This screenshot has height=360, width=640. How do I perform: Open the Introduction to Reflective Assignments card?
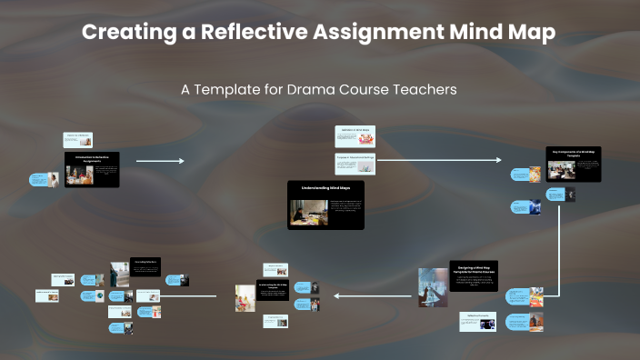click(x=92, y=170)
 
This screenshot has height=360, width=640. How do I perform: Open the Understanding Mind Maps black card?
click(x=325, y=205)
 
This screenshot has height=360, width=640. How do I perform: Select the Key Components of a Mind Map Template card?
click(x=574, y=165)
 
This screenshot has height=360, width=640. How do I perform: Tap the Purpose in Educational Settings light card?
click(x=355, y=165)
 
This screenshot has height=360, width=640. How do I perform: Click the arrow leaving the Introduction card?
click(x=159, y=161)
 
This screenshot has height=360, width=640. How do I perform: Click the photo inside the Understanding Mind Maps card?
click(x=303, y=213)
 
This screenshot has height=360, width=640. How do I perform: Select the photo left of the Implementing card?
click(x=245, y=296)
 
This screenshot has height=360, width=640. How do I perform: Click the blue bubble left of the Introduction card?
click(x=39, y=180)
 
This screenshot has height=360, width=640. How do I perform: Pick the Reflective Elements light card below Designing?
click(x=477, y=321)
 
